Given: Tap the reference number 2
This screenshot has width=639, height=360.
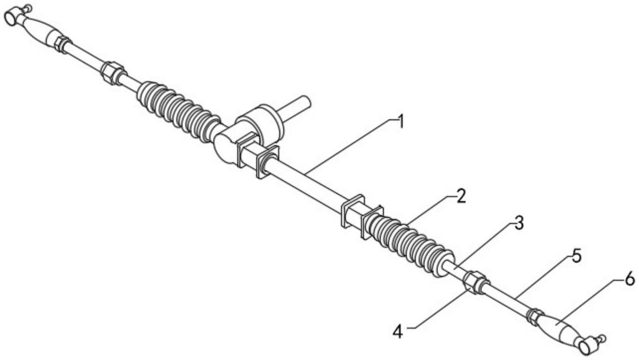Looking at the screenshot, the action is tap(460, 196).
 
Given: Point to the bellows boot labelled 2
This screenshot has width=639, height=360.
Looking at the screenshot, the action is tap(410, 245).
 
